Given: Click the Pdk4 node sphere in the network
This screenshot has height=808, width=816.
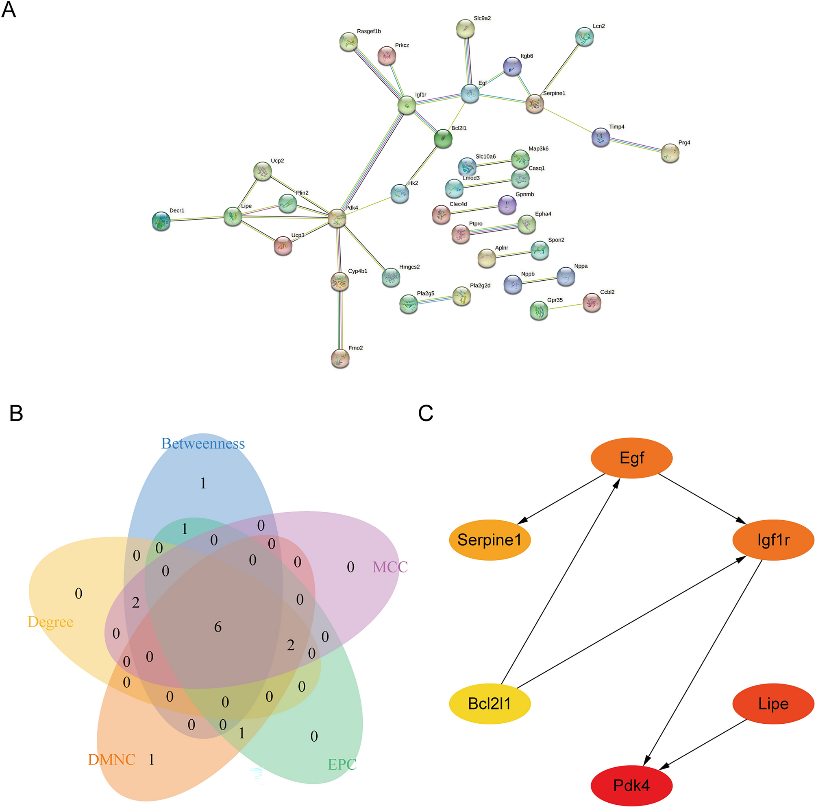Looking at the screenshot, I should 337,218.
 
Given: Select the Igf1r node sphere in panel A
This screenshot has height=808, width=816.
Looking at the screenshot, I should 407,105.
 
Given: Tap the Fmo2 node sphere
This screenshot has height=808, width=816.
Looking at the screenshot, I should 340,358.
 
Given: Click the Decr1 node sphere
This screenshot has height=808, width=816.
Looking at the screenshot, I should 161,221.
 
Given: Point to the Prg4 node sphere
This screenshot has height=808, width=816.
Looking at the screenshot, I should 670,153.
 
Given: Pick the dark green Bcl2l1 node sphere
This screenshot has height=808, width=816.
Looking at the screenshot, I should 443,138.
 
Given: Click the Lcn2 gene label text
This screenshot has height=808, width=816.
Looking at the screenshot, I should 598,26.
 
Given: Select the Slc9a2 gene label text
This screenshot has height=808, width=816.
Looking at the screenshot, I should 482,18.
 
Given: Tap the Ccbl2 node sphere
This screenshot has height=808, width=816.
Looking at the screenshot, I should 592,303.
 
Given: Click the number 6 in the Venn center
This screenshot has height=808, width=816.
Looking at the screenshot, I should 218,627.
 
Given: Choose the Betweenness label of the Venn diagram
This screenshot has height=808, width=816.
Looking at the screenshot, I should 203,444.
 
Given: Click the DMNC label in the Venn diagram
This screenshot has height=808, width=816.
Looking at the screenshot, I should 111,760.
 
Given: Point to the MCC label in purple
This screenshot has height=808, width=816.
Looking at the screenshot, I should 390,567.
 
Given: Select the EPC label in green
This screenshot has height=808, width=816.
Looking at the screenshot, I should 342,764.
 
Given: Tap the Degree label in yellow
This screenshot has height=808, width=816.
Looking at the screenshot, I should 50,622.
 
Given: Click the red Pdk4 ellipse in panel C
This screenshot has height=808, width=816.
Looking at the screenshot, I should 631,785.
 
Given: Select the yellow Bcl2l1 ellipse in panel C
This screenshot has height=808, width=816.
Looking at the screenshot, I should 490,703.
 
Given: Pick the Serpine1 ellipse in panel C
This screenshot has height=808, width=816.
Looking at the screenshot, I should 490,539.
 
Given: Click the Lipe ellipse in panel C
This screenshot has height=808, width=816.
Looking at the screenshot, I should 772,703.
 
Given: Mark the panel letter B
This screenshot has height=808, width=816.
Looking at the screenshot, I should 15,413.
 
